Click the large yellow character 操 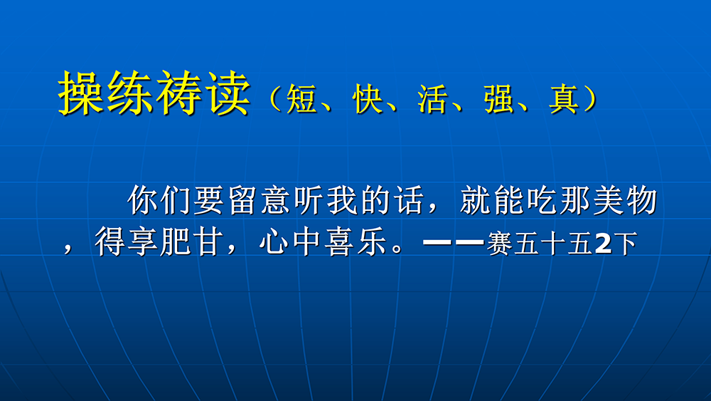pos(82,93)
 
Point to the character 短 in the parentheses pos(301,98)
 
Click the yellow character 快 pos(368,98)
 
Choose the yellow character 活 pos(433,98)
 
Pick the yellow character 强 pos(499,98)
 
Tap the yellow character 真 pos(564,98)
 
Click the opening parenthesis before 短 pos(275,98)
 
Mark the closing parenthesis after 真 pos(590,98)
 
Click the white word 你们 pos(159,200)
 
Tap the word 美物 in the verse pos(625,200)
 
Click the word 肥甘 pos(192,241)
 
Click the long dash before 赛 pos(454,242)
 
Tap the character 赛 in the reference pos(500,244)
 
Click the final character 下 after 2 pos(625,244)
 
